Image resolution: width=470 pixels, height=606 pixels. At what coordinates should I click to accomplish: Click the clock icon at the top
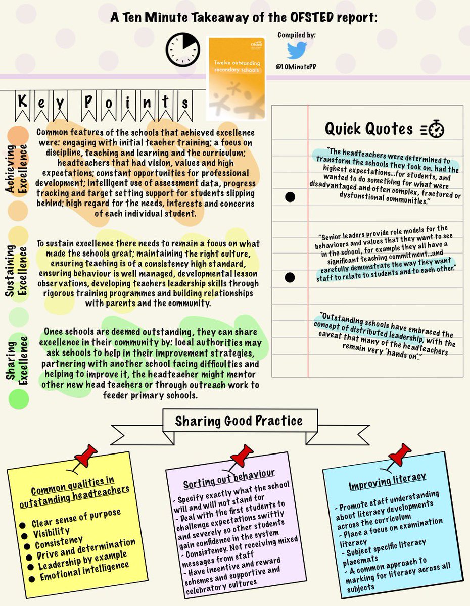(183, 49)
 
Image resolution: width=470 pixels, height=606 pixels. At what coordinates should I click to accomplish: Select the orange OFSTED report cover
(236, 77)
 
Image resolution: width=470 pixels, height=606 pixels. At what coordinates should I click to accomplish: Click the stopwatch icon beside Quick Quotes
(433, 130)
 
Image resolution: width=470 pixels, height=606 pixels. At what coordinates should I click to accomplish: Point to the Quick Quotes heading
(368, 129)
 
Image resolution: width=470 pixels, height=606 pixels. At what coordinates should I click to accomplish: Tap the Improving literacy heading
(387, 479)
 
